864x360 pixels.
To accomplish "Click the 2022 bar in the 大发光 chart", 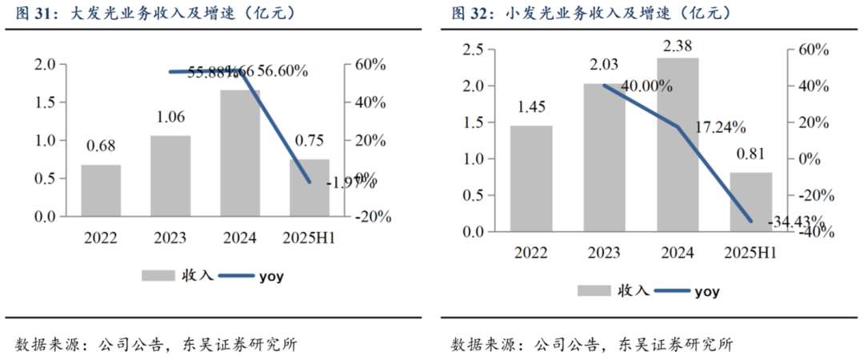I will tap(100, 190).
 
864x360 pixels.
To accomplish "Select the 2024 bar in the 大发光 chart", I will tap(240, 153).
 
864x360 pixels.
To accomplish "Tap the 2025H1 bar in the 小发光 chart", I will tap(751, 202).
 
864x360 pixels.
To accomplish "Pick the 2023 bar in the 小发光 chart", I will tap(603, 157).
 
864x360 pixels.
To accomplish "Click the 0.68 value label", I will tap(100, 146).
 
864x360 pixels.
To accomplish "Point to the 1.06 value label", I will tap(170, 118).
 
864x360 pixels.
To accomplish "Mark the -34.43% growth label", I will tap(795, 220).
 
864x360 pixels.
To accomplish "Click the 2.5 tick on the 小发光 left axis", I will tap(474, 50).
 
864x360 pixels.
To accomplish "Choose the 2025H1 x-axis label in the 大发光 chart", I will tap(309, 238).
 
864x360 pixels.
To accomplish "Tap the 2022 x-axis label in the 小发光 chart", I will tap(531, 254).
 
